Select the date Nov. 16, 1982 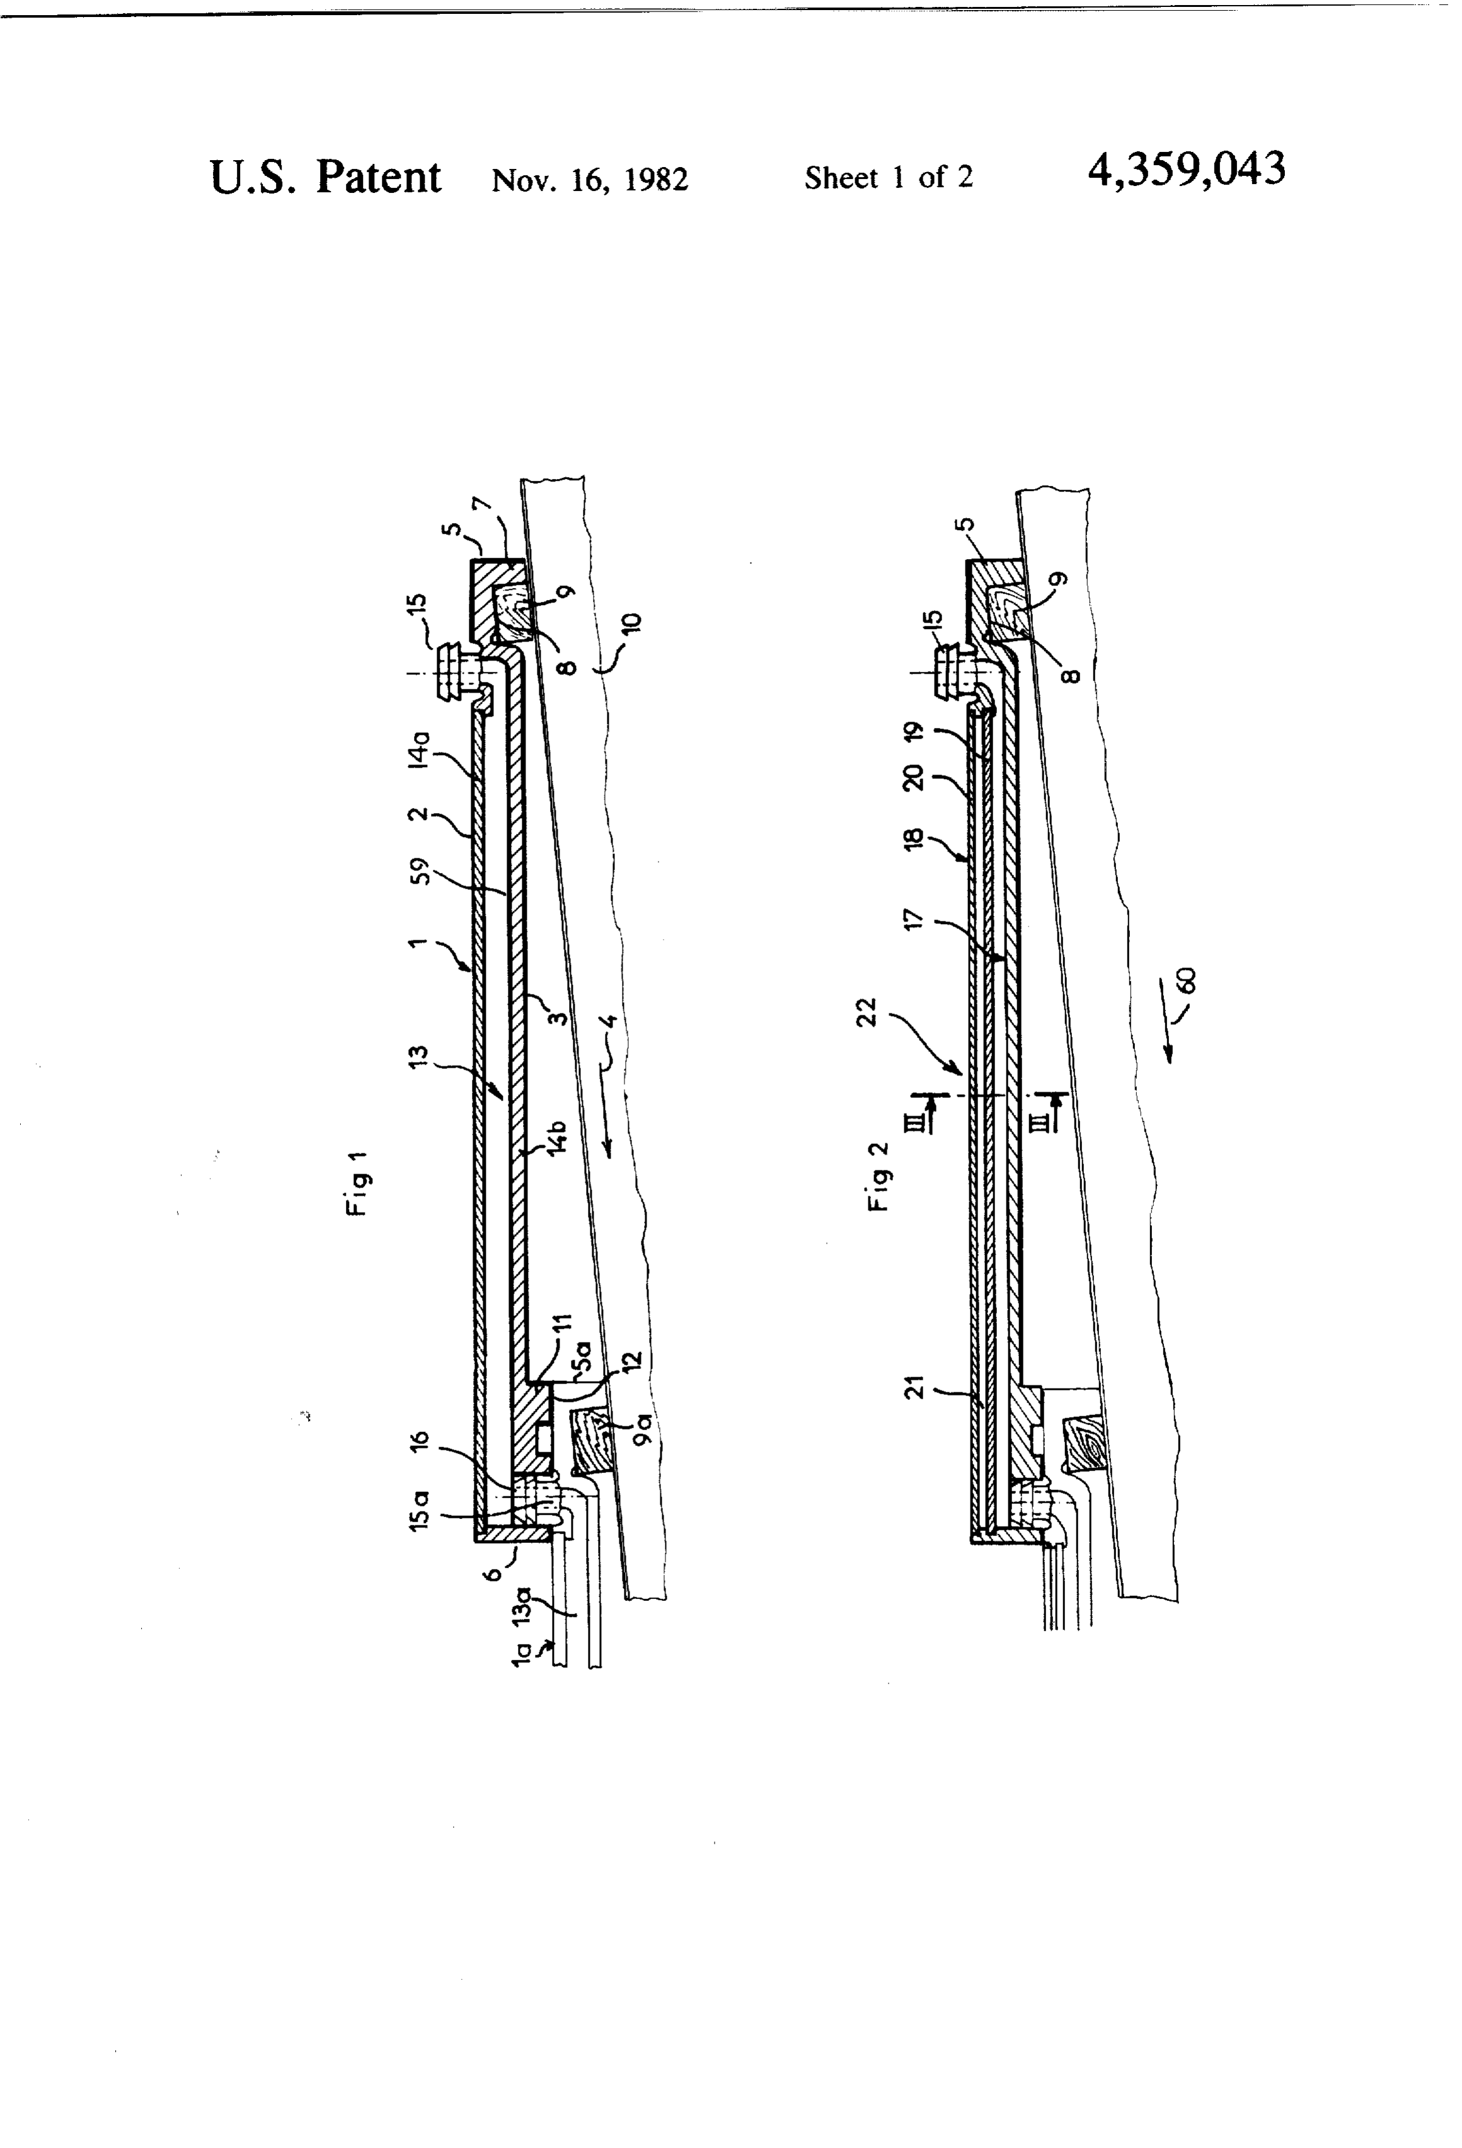pos(590,179)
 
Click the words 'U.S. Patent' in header pos(325,176)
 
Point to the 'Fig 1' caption pos(358,1183)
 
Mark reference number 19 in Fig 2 pos(915,732)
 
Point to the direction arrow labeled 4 pos(606,1123)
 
